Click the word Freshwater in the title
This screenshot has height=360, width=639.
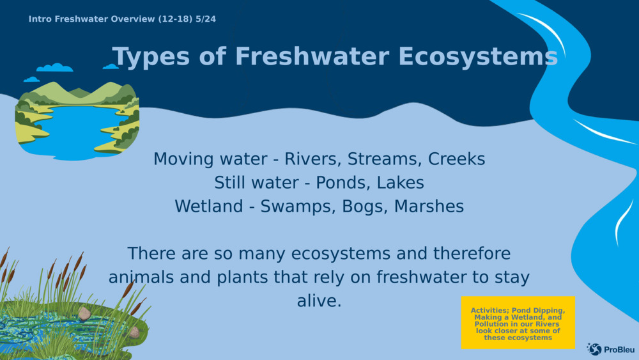pyautogui.click(x=312, y=56)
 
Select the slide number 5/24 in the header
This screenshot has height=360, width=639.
pyautogui.click(x=206, y=19)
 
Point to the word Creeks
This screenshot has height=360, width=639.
pyautogui.click(x=456, y=159)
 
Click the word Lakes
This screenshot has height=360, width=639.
pyautogui.click(x=400, y=183)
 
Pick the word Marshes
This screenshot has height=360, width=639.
pyautogui.click(x=429, y=207)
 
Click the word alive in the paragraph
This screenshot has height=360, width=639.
pyautogui.click(x=319, y=301)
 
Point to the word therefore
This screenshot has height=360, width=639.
pyautogui.click(x=472, y=254)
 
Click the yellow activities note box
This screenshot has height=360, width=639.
pyautogui.click(x=518, y=322)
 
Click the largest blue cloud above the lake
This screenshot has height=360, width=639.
pyautogui.click(x=54, y=68)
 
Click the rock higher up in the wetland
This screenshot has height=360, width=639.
pyautogui.click(x=84, y=313)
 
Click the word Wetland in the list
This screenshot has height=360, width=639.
pyautogui.click(x=209, y=207)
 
